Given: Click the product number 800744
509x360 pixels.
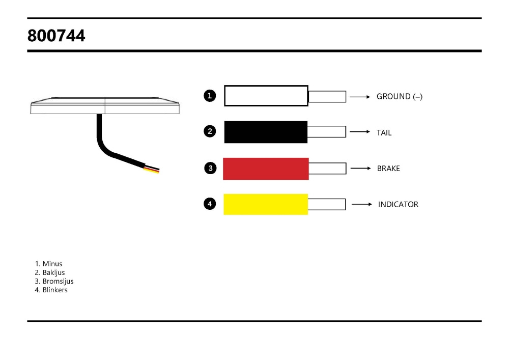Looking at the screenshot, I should click(56, 36).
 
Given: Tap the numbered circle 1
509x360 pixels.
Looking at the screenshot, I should click(210, 95).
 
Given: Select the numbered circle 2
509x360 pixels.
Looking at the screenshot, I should click(210, 131).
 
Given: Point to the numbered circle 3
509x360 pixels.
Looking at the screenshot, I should click(211, 168).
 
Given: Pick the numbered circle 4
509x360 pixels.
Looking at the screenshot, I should click(210, 204).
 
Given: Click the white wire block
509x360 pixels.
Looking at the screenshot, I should click(266, 96).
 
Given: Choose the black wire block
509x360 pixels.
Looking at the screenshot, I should click(266, 132).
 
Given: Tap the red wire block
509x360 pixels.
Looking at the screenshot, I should click(266, 169).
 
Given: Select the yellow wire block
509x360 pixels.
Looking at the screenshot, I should click(266, 204).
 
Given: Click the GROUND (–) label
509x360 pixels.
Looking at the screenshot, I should click(400, 96).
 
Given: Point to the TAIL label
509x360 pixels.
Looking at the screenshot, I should click(384, 133).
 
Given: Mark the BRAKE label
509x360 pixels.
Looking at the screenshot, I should click(388, 169).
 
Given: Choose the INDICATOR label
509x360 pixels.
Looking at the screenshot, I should click(398, 205).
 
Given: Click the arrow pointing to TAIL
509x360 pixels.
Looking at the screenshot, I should click(360, 132).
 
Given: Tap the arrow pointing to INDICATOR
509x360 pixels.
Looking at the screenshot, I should click(362, 205).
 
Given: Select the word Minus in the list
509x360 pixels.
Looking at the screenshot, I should click(52, 264).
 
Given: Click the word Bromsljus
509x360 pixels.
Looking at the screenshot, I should click(58, 281).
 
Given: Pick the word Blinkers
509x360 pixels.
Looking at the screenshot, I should click(55, 290).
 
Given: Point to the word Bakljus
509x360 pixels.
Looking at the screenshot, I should click(53, 272).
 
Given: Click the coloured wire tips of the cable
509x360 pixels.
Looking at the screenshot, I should click(152, 169).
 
